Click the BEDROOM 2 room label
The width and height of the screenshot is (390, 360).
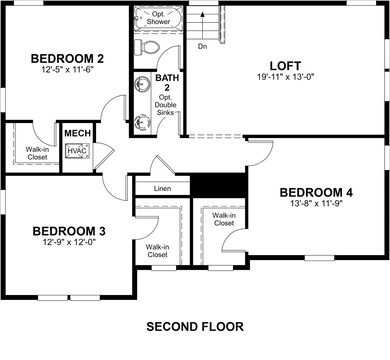pos(69,57)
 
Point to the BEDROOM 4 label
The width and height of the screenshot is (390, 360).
pos(315,192)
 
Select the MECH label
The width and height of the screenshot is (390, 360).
pos(76,132)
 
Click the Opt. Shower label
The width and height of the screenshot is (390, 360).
pos(157,19)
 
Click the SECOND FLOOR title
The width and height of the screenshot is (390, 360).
pos(194,327)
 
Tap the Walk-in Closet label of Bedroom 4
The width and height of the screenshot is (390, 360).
pos(224,219)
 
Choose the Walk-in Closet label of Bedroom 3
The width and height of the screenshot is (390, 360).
pos(157,251)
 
